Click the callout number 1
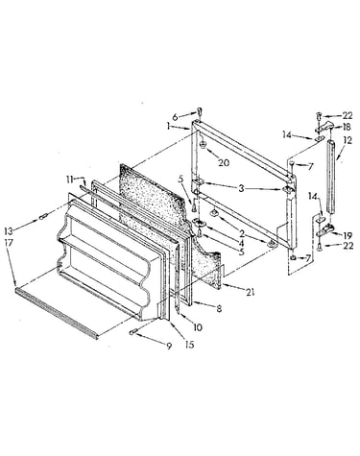[x=168, y=126]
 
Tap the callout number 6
[x=175, y=117]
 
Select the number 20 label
[x=225, y=163]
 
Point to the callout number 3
[x=241, y=188]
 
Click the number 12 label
[x=348, y=140]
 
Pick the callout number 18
[x=347, y=127]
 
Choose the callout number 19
[x=348, y=236]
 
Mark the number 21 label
[x=250, y=292]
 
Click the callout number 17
[x=9, y=243]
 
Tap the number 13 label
[x=9, y=230]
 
